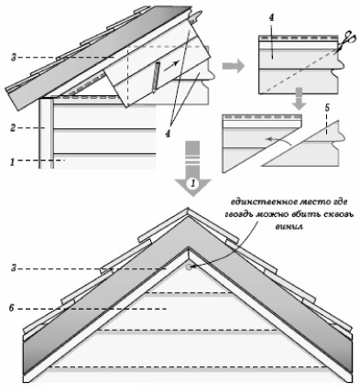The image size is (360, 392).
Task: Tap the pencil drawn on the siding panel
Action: point(157,77)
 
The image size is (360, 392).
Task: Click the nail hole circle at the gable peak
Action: point(188,267)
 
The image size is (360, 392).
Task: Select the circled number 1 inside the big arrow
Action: point(192,184)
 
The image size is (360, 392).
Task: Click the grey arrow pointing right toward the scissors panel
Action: point(233,67)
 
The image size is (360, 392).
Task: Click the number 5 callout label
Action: point(327,108)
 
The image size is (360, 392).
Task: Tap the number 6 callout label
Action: point(12,309)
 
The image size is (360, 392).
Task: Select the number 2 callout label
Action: point(13,128)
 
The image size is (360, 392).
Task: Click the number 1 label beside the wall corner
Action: point(12,162)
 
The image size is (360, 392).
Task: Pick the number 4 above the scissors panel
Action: point(271,17)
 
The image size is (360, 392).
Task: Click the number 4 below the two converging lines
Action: point(168,134)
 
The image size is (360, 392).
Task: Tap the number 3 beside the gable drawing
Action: point(13,268)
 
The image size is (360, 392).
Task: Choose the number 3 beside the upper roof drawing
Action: point(13,57)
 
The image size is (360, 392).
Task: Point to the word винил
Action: point(289,227)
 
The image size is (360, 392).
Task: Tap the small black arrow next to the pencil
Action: point(171,66)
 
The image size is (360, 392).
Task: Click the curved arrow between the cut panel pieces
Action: point(278,141)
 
